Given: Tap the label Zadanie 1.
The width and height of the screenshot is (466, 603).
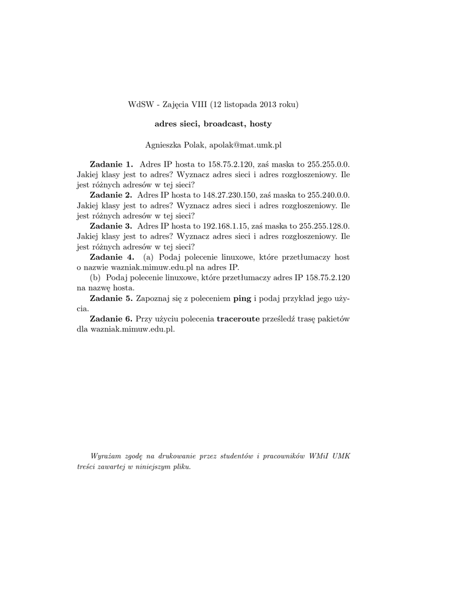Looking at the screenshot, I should click(111, 164).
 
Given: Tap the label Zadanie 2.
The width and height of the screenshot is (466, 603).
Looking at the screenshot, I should click(111, 195).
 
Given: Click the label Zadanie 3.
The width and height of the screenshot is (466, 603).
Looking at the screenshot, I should click(111, 226).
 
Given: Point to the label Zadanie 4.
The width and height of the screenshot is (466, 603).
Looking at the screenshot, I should click(111, 257).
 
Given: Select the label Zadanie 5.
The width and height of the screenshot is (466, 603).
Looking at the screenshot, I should click(111, 299).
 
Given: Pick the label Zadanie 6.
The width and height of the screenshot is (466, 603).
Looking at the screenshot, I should click(111, 319).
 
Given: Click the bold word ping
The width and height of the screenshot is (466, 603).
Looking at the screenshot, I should click(242, 299).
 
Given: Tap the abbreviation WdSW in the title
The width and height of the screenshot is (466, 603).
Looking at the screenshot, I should click(140, 105).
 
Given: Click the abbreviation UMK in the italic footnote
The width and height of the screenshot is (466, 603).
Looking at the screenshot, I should click(342, 457).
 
